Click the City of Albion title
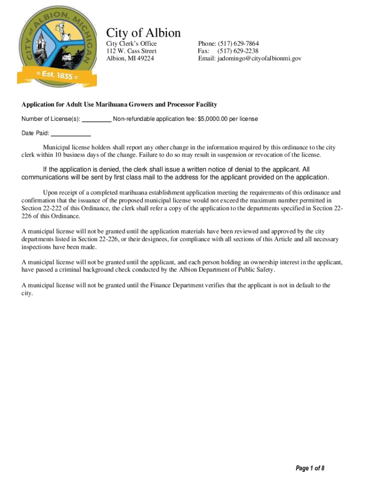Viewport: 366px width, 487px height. (x=143, y=33)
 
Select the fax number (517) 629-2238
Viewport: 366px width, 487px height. (x=238, y=51)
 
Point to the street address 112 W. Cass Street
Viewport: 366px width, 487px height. (x=131, y=51)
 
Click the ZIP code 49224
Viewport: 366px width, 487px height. (x=144, y=58)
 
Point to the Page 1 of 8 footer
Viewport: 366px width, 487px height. (x=310, y=468)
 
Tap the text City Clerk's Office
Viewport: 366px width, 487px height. (x=131, y=44)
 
